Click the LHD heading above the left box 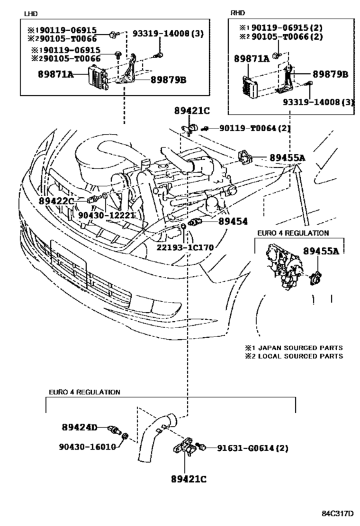[x=31, y=13]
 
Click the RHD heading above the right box [x=238, y=13]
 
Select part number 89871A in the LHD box [x=55, y=74]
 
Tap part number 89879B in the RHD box [x=330, y=74]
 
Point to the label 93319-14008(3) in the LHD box [x=168, y=33]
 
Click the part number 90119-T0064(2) [x=255, y=128]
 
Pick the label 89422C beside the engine [x=56, y=200]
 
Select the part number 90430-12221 [x=107, y=215]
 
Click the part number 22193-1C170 [x=184, y=247]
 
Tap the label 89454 [x=233, y=222]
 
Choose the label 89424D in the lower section [x=80, y=427]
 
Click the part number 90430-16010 [x=87, y=446]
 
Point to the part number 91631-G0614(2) [x=253, y=448]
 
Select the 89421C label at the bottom [x=189, y=479]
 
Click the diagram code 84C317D [x=337, y=514]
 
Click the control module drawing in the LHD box [x=97, y=78]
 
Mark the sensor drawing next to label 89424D [x=114, y=430]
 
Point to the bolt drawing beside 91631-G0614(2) [x=202, y=446]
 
